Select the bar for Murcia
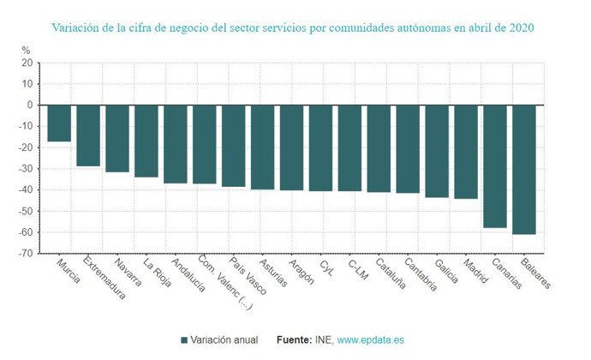[x=59, y=123]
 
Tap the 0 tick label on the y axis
[x=30, y=105]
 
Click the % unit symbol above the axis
[x=26, y=51]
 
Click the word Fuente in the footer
[x=294, y=340]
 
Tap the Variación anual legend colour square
[x=184, y=340]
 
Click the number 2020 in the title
[x=522, y=27]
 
